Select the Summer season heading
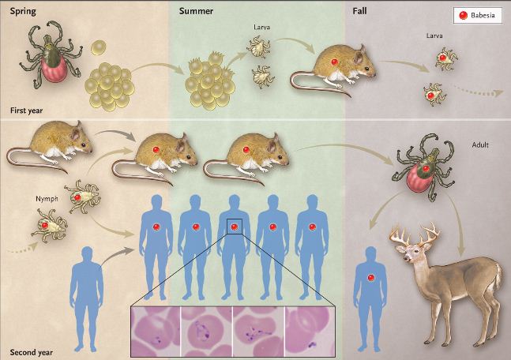(197, 10)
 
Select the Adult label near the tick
(481, 145)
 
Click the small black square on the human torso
(234, 227)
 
